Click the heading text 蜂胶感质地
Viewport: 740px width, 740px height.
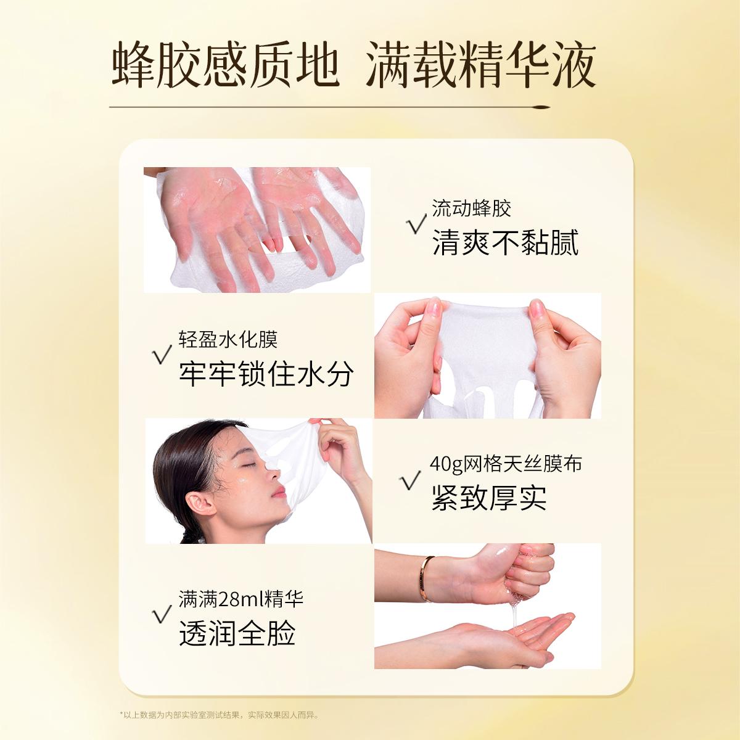pos(226,65)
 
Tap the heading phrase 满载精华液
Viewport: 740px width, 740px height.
pos(481,65)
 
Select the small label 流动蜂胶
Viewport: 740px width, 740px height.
pos(471,208)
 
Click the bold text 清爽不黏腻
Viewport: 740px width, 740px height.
pos(505,243)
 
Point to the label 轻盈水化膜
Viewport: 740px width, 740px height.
pos(228,339)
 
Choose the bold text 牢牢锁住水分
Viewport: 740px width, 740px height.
pos(266,374)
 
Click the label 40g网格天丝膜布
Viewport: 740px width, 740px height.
pos(506,464)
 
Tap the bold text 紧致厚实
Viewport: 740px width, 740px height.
pos(489,498)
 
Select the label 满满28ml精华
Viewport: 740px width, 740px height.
pos(240,599)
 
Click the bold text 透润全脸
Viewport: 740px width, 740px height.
pos(237,633)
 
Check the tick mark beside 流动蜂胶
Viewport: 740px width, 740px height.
pos(417,224)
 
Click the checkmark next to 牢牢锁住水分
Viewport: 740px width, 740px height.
pos(162,354)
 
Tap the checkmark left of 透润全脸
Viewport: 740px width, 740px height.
pos(162,614)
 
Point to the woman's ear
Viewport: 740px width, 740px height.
pos(199,502)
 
